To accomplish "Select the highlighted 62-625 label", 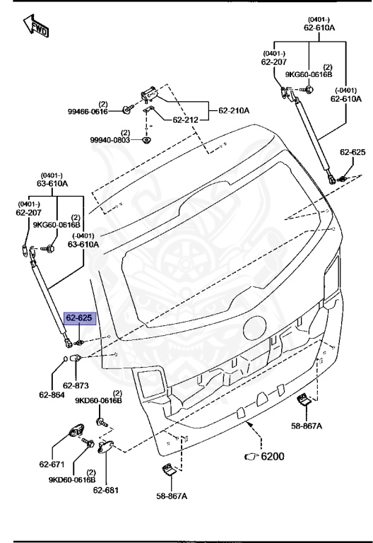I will coord(78,319).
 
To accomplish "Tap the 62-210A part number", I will coord(235,110).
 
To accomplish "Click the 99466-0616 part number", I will coord(88,111).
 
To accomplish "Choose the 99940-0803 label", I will coord(109,140).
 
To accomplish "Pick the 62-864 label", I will coord(52,395).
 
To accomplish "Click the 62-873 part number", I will coord(76,386).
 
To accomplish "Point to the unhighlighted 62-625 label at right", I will coord(353,153).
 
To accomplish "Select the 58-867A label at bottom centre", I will coord(172,496).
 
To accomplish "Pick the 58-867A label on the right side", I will coord(307,426).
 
